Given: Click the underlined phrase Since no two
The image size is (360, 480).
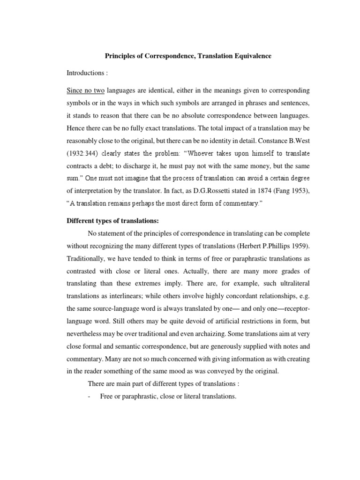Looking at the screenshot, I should (85, 90).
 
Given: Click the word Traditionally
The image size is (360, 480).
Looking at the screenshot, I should (87, 259).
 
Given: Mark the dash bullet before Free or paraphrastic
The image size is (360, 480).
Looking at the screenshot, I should (89, 397).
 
